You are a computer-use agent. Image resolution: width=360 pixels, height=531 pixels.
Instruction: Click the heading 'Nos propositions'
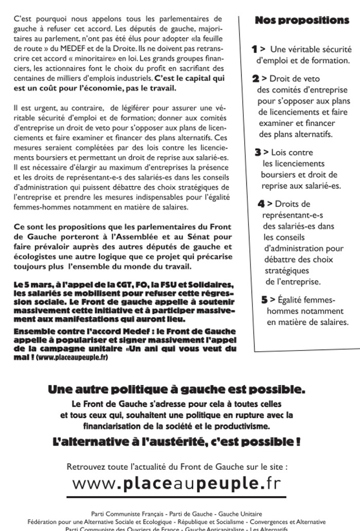[302, 21]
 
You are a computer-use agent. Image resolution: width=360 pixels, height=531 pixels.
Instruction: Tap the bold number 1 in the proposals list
[254, 49]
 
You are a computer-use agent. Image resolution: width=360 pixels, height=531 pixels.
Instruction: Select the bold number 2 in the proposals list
[256, 79]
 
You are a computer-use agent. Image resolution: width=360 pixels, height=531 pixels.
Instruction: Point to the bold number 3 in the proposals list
[258, 152]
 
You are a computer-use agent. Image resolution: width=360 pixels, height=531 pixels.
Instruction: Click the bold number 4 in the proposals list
[261, 204]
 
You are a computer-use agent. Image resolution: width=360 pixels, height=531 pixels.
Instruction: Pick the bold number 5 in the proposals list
[264, 300]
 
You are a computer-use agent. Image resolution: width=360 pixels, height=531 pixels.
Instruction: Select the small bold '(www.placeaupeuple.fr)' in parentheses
[72, 357]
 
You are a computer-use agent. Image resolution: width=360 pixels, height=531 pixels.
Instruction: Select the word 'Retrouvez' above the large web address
[85, 467]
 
